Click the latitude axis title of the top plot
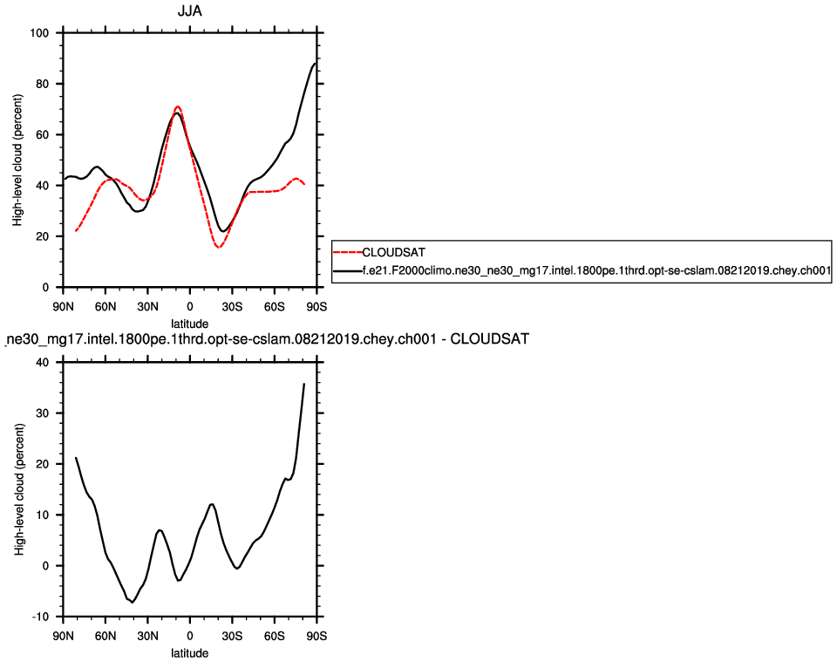pos(189,323)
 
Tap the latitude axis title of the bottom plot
pos(189,652)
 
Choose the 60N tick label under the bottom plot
pos(105,635)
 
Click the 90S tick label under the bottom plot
pos(316,635)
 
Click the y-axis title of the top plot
pos(19,160)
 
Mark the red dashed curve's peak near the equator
pos(177,106)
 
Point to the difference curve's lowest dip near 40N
pos(133,602)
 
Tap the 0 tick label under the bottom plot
pos(189,635)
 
